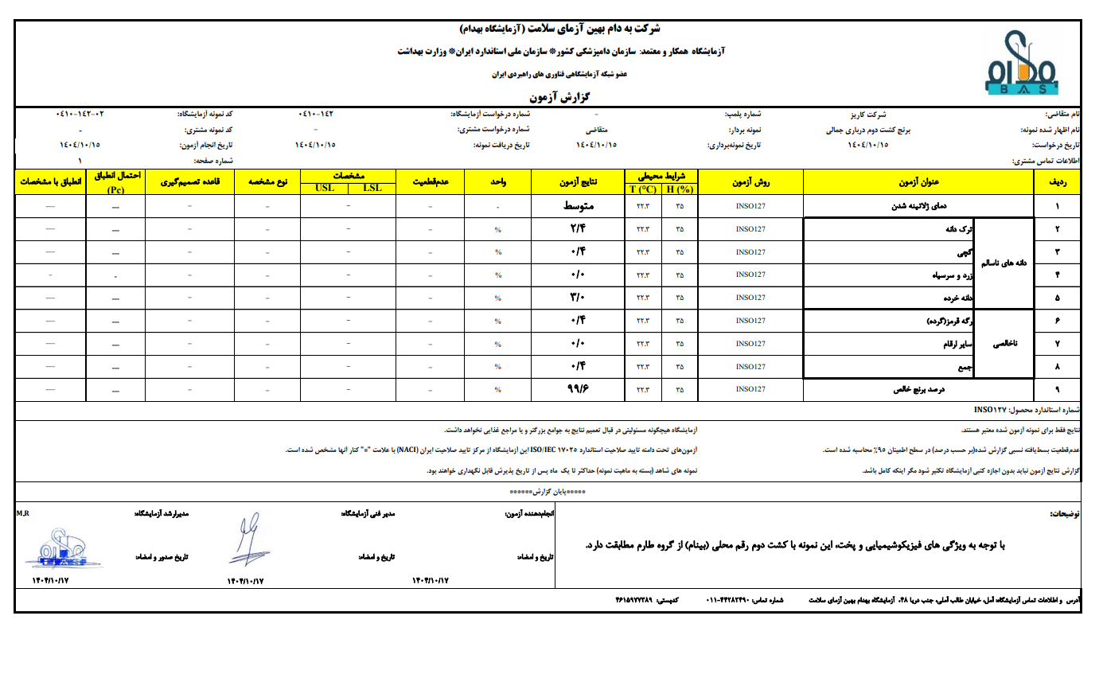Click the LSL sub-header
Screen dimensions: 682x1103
372,188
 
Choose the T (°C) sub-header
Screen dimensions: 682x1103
642,189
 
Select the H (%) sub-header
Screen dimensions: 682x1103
680,189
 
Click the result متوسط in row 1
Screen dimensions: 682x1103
578,207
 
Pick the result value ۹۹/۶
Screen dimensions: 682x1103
578,389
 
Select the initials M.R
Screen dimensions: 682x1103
22,514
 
